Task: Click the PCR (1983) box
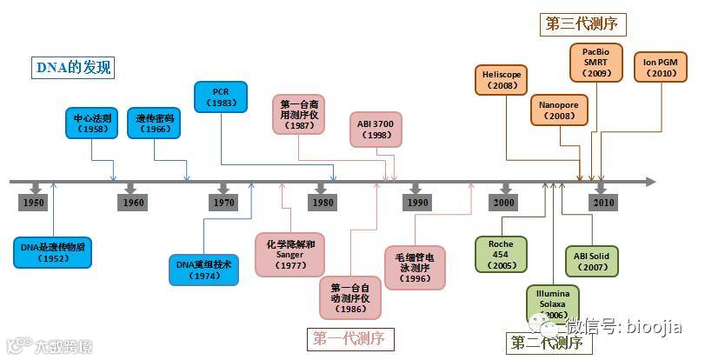221,97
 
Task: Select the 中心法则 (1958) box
90,123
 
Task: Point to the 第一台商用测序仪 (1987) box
298,114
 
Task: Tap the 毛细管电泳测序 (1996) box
416,267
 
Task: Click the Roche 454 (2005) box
501,254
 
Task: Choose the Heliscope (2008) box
502,81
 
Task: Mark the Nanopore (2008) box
559,110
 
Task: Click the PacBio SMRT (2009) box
595,63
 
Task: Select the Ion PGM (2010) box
661,68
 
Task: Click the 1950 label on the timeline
35,203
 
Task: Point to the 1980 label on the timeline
322,203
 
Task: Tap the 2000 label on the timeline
504,203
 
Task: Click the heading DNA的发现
74,67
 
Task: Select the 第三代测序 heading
586,24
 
